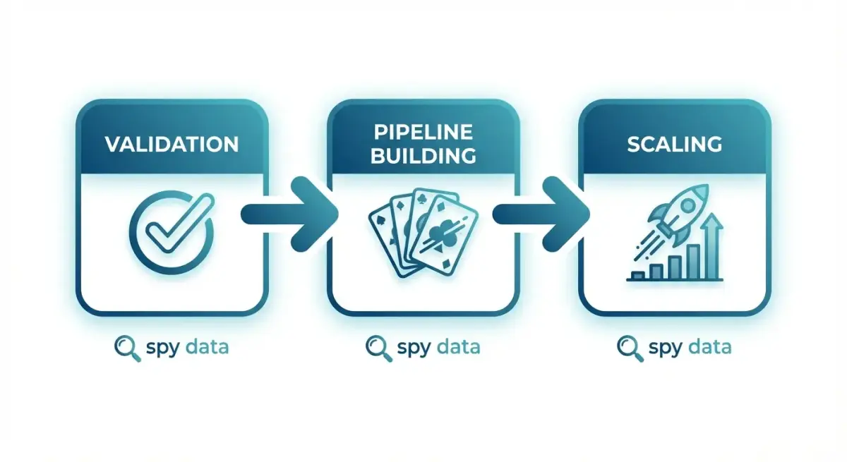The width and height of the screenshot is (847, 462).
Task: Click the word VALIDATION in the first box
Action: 172,145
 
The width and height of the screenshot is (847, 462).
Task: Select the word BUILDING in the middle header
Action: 423,157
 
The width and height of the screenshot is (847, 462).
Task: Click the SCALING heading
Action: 674,145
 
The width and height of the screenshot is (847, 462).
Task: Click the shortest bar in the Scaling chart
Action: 639,276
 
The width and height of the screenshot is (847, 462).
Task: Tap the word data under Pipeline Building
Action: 459,346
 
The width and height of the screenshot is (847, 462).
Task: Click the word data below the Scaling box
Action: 710,346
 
